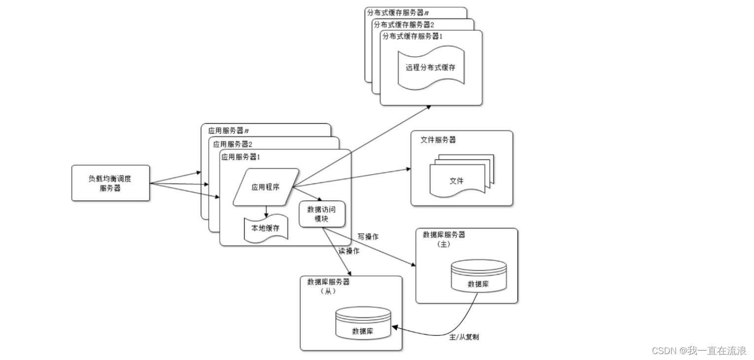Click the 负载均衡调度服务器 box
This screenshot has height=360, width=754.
pyautogui.click(x=110, y=183)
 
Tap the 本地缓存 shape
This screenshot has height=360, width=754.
pyautogui.click(x=266, y=229)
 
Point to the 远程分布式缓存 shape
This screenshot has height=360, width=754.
pyautogui.click(x=431, y=68)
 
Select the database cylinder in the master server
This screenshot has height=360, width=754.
pyautogui.click(x=478, y=276)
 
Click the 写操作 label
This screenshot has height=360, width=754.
pyautogui.click(x=368, y=237)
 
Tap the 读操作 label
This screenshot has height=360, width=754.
pyautogui.click(x=349, y=251)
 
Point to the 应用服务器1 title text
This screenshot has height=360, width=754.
pyautogui.click(x=241, y=157)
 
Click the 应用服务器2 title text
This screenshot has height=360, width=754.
pyautogui.click(x=230, y=144)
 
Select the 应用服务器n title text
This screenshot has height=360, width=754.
pyautogui.click(x=228, y=131)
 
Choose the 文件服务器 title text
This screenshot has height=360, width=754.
pyautogui.click(x=438, y=140)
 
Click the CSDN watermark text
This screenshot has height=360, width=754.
pyautogui.click(x=699, y=351)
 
